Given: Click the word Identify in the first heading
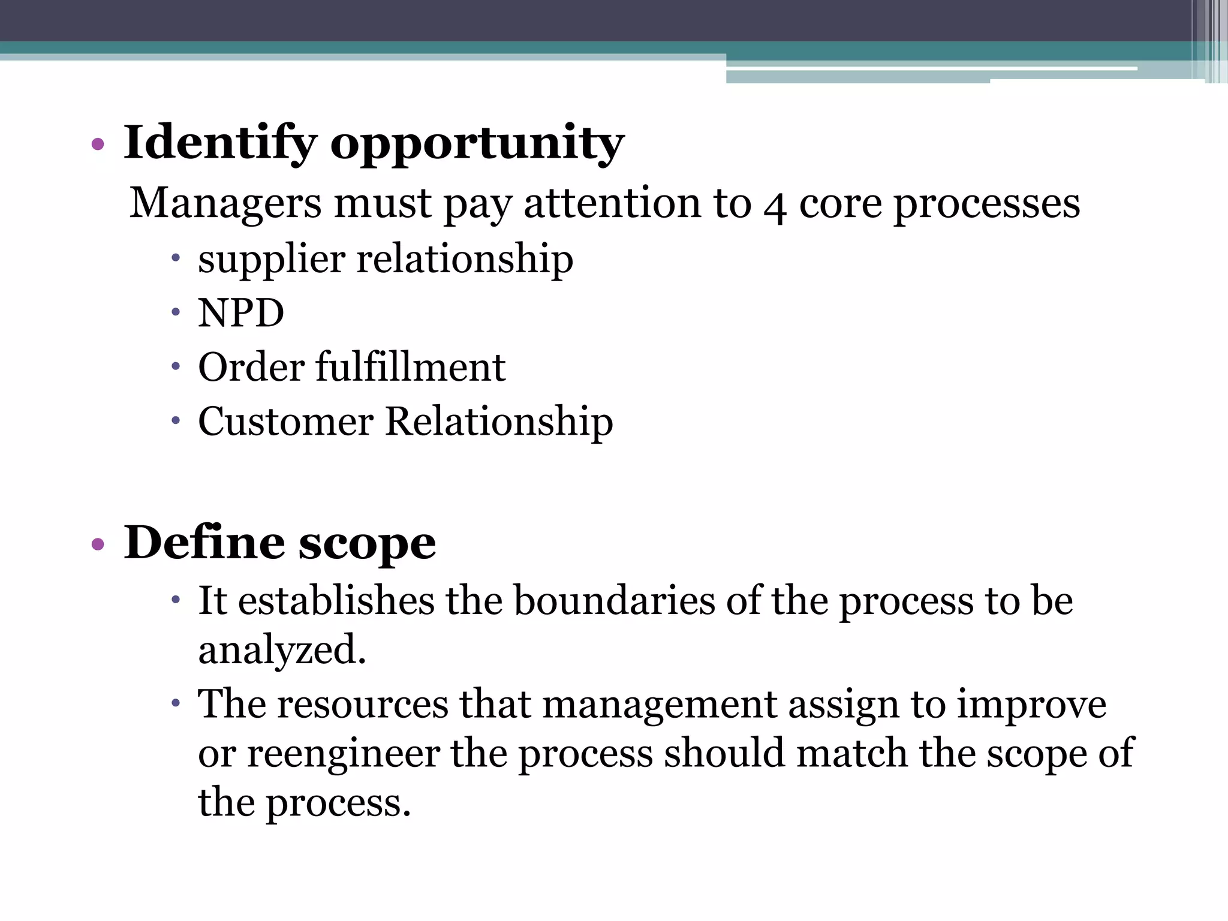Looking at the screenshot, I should point(219,143).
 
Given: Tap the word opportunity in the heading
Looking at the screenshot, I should point(477,144).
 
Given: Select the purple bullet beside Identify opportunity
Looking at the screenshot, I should point(98,144).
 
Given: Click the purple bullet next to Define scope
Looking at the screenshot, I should point(98,544).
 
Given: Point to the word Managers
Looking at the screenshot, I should point(225,203).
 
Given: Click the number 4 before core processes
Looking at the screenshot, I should point(775,206).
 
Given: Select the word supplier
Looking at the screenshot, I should point(272,260).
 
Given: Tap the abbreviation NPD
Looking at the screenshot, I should point(241,313).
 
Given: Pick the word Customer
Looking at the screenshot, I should point(285,421).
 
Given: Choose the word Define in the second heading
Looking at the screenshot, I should point(204,543).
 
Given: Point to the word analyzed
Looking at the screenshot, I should point(282,650).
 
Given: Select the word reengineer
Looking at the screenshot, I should point(343,753).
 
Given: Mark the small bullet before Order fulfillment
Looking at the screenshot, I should point(175,366).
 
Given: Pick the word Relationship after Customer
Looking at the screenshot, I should point(499,421).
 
